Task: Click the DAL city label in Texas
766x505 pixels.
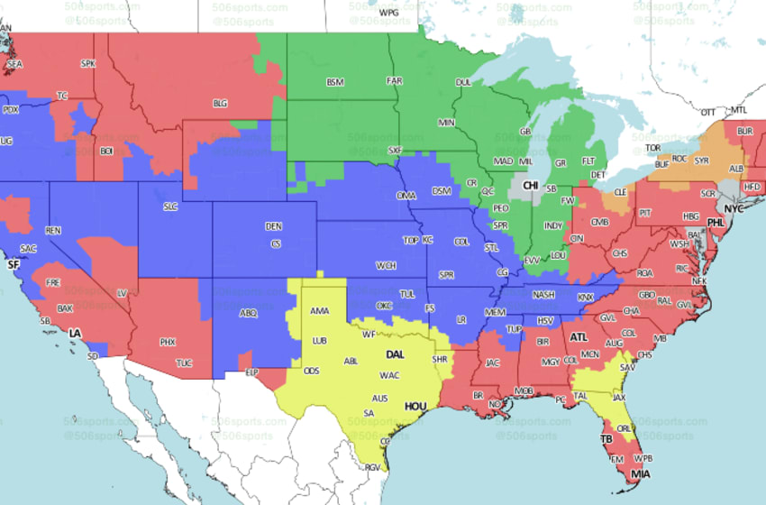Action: (x=395, y=354)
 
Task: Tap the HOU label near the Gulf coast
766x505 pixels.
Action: (x=415, y=407)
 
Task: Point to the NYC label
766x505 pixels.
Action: (x=735, y=208)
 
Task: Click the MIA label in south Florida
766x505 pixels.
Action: (x=640, y=474)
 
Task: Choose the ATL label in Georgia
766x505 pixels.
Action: (x=578, y=337)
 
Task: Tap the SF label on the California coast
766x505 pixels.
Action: (x=13, y=265)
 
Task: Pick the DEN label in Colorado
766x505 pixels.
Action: (x=273, y=225)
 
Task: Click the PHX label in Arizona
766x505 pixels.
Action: (x=167, y=342)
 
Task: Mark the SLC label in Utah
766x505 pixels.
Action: (x=170, y=207)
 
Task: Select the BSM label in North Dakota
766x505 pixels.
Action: (x=335, y=82)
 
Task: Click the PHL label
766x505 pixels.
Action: (x=715, y=222)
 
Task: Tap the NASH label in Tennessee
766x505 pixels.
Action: (x=543, y=294)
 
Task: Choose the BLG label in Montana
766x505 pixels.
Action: (x=220, y=103)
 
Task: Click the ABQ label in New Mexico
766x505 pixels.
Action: (x=248, y=314)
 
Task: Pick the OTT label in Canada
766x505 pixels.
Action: (x=708, y=111)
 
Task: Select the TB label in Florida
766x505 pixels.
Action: (x=606, y=439)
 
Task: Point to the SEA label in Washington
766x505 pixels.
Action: (x=14, y=65)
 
